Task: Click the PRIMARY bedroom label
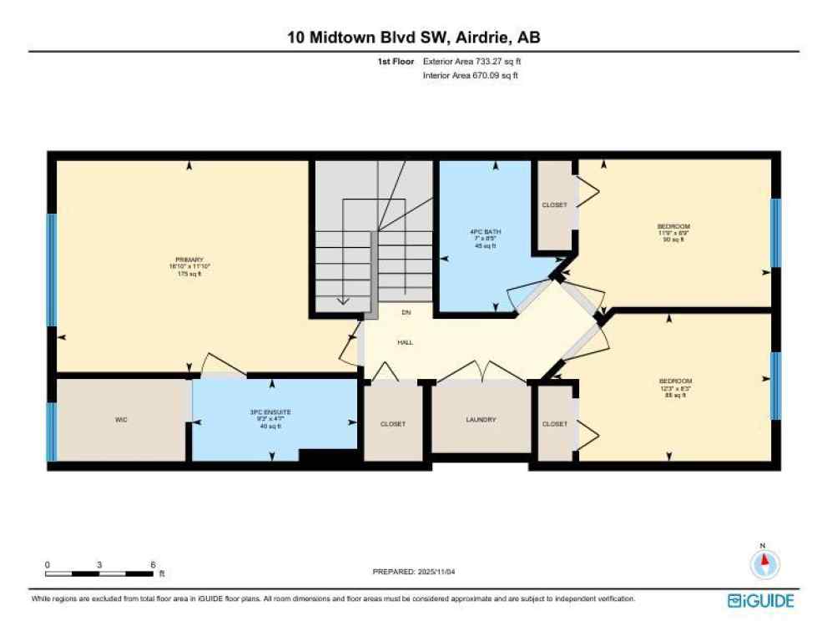pos(189,260)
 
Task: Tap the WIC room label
pos(120,420)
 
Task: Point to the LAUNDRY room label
pos(481,420)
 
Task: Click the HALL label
pos(405,342)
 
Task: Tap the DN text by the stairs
pos(406,313)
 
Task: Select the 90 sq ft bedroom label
pos(673,226)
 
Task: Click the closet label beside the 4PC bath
pos(554,205)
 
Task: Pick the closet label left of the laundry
pos(392,424)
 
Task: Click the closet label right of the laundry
pos(554,424)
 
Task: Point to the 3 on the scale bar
pos(99,565)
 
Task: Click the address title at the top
pos(414,38)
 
